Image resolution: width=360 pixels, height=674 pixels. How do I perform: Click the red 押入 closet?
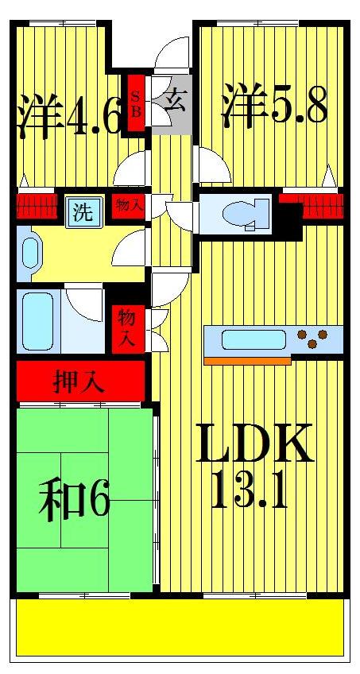79,382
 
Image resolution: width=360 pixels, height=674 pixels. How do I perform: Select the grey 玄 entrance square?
172,103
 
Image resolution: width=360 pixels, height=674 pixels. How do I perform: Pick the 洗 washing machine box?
82,212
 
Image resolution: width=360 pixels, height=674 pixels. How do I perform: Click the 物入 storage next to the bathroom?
127,328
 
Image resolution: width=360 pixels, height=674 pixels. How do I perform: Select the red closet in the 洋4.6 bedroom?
36,205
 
